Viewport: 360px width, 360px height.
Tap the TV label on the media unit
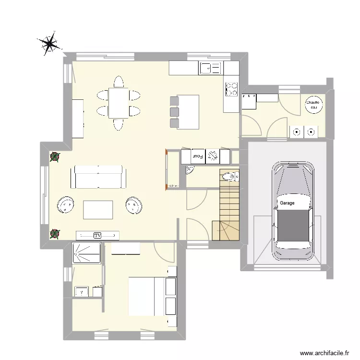97,235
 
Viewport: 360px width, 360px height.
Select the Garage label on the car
287,203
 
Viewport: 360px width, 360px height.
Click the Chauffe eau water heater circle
314,106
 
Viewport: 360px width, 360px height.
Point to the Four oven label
198,156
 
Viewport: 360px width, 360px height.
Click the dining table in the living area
118,103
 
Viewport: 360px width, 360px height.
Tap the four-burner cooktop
232,89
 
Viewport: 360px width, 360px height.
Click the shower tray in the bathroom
86,252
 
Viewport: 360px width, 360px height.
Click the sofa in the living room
98,178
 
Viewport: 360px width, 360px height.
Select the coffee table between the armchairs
98,209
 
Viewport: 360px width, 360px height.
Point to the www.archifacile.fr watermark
325,353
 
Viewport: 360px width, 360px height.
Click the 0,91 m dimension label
173,185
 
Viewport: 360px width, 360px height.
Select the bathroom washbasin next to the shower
81,291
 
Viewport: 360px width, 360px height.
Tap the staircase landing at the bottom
226,230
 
